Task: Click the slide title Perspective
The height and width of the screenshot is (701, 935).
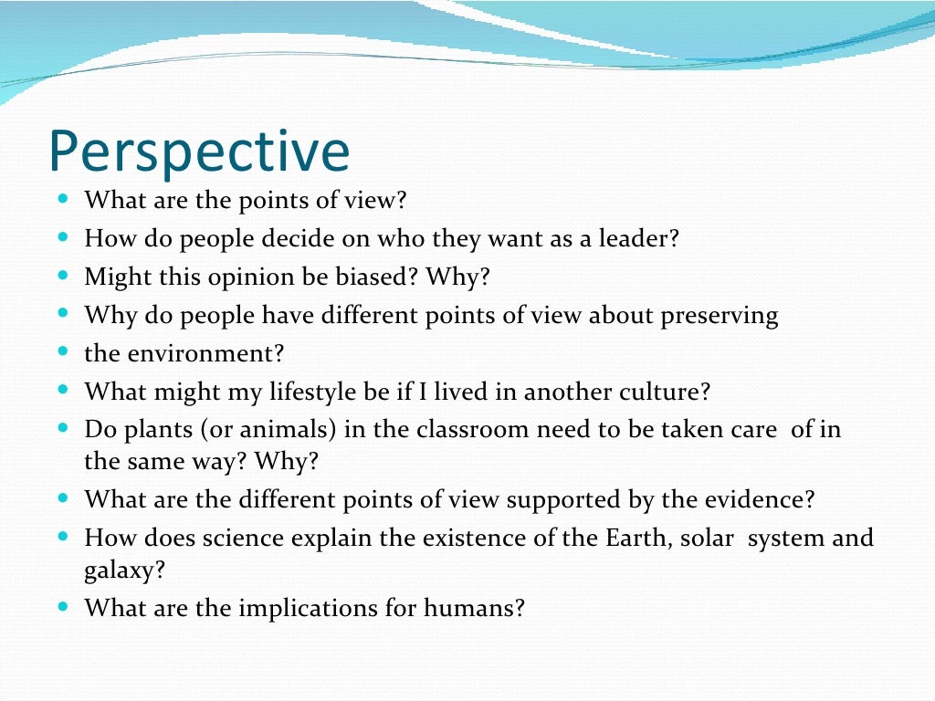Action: pyautogui.click(x=199, y=151)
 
